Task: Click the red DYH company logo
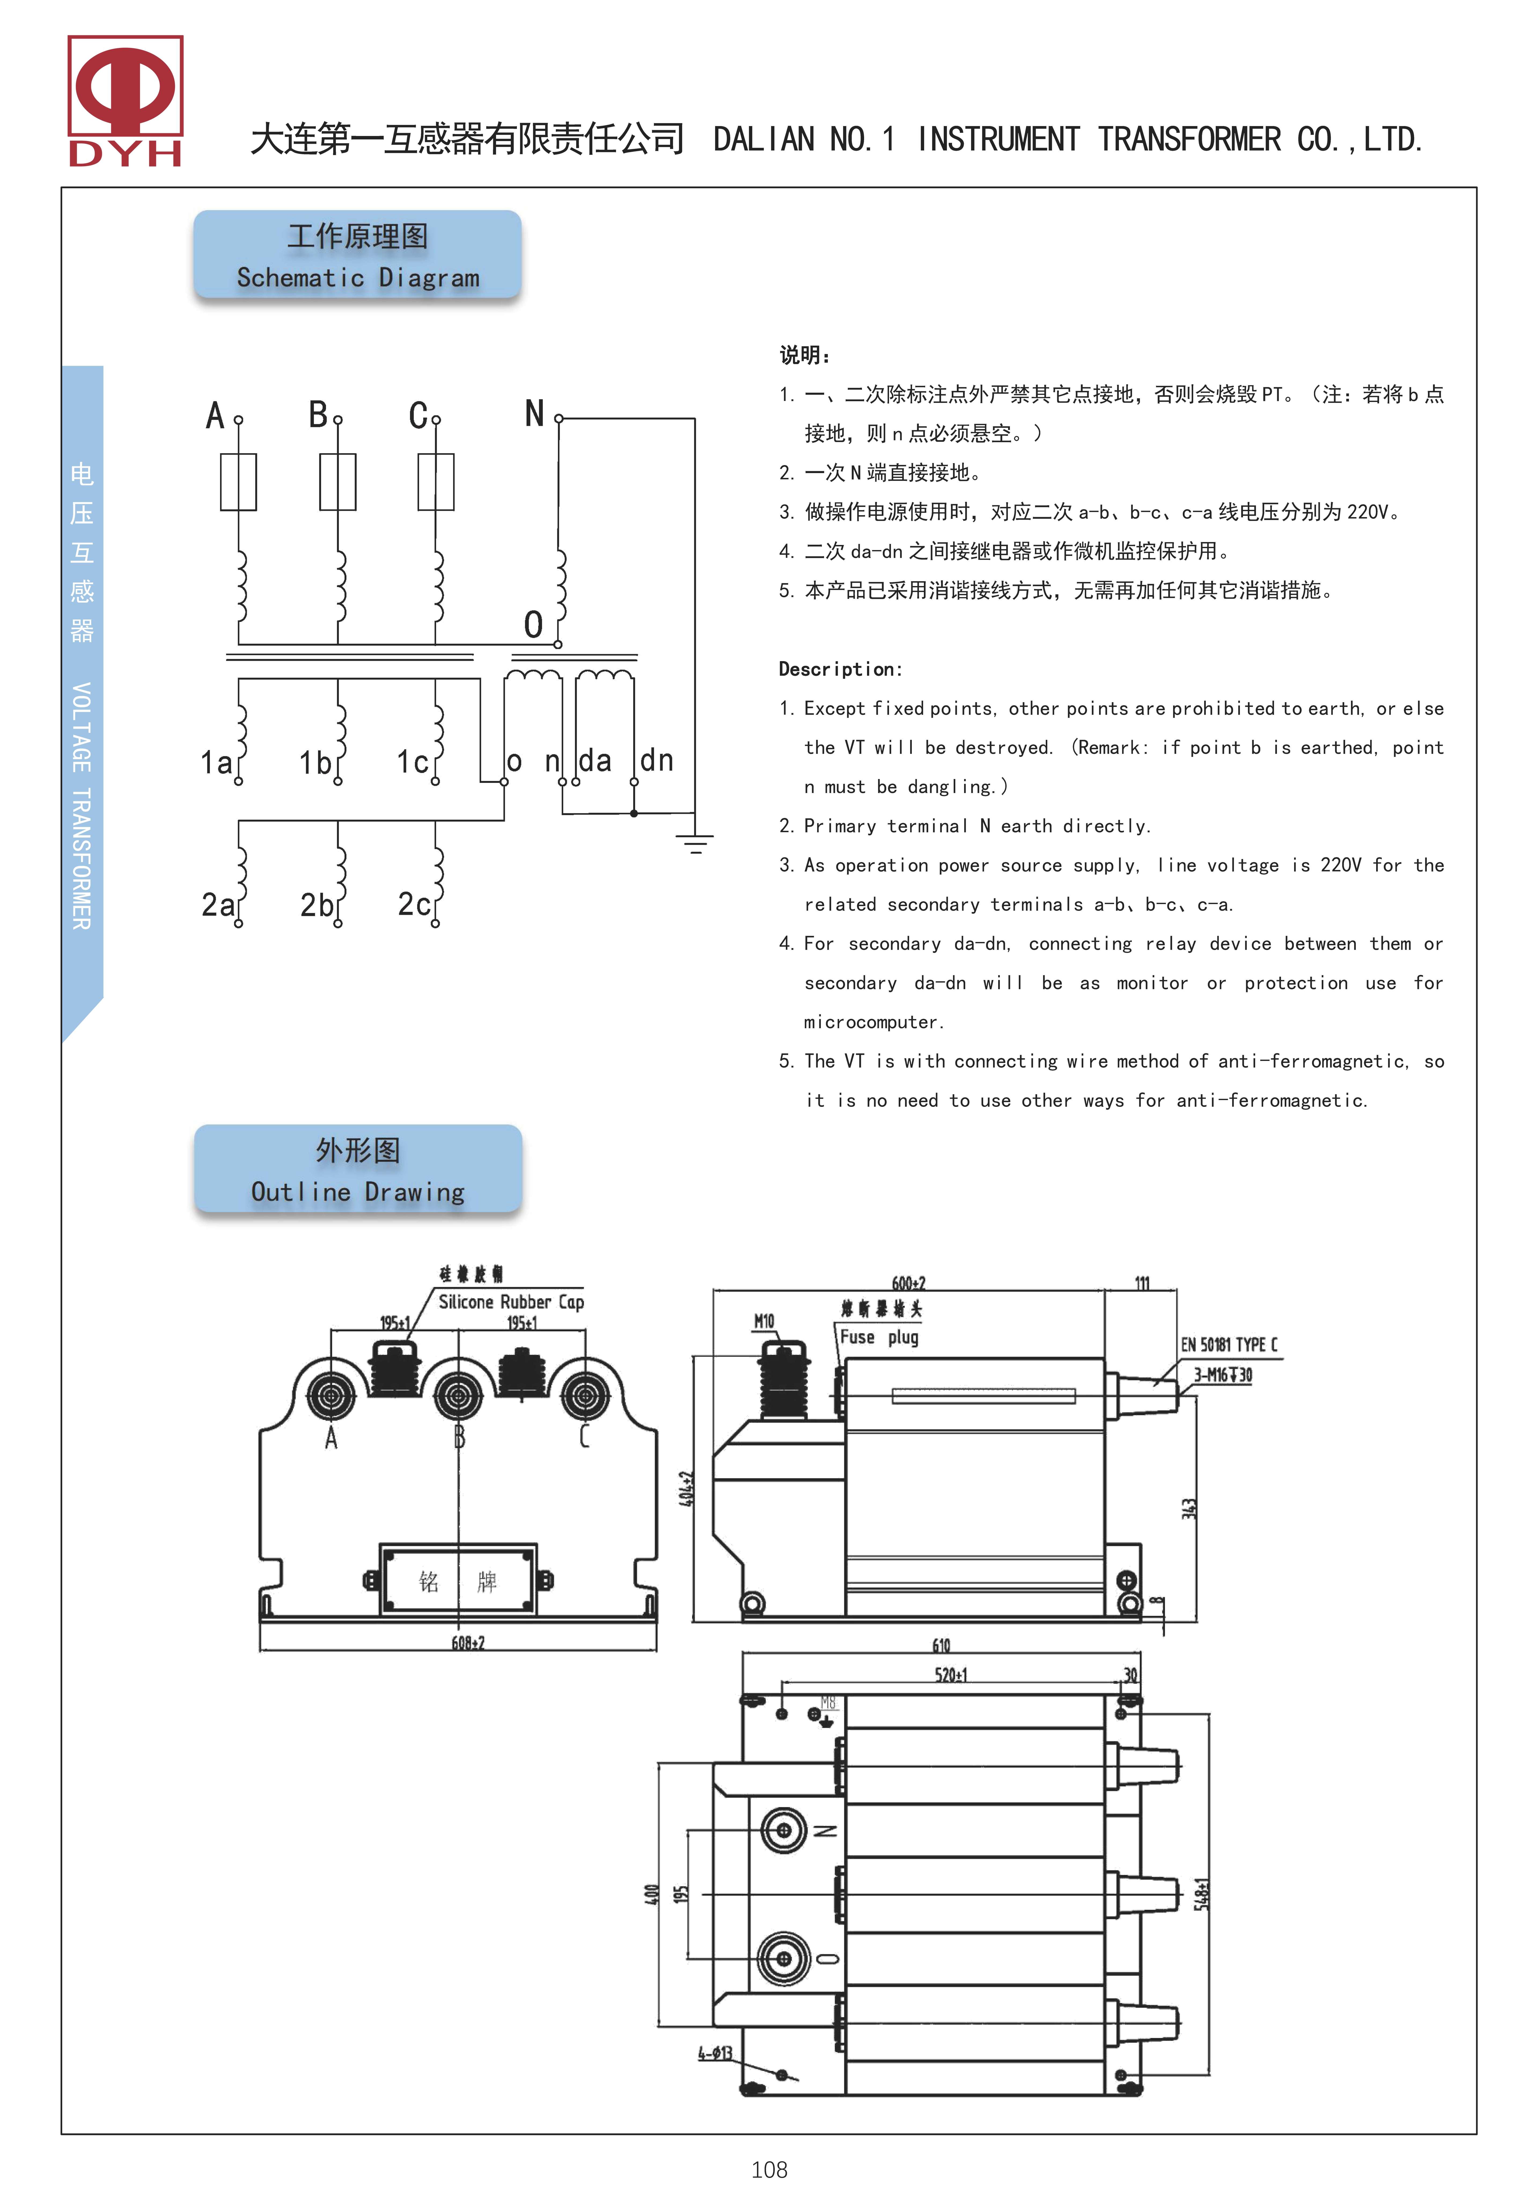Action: tap(125, 101)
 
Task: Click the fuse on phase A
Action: tap(238, 481)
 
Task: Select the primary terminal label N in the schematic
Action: tap(534, 414)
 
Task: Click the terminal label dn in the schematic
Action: tap(657, 761)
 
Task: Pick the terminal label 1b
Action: tap(315, 763)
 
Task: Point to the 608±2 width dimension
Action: tap(468, 1643)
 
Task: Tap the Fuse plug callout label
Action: tap(879, 1337)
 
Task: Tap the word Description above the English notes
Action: tap(839, 669)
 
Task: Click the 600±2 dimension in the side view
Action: tap(908, 1283)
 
